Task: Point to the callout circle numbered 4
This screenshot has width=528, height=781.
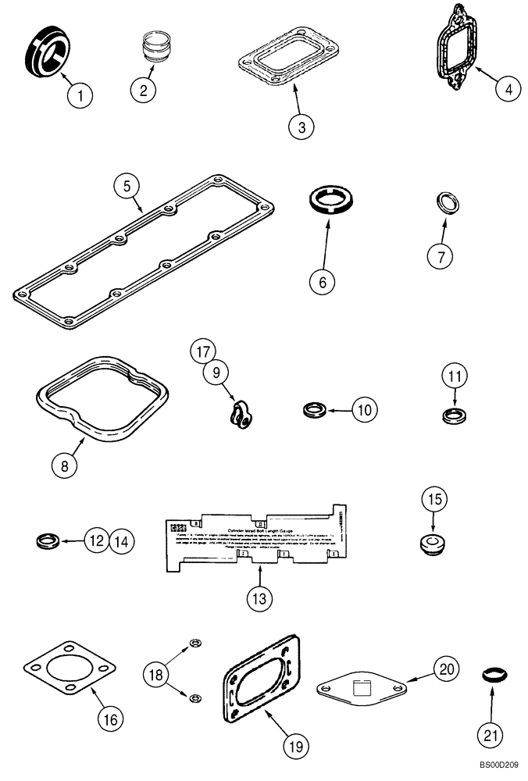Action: coord(508,89)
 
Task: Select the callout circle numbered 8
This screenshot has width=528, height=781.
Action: coord(66,465)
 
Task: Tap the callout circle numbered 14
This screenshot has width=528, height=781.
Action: coord(120,540)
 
